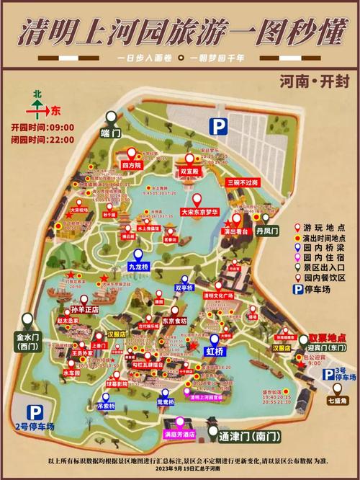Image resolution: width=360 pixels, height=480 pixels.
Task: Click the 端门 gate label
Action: tap(111, 133)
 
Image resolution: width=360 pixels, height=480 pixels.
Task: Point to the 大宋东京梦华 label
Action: tap(197, 214)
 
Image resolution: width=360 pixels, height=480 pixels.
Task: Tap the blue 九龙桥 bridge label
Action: tap(140, 266)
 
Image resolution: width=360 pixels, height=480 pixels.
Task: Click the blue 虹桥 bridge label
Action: tap(215, 351)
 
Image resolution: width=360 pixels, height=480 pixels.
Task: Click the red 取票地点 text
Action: tap(324, 337)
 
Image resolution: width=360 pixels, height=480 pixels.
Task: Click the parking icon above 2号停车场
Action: tap(34, 413)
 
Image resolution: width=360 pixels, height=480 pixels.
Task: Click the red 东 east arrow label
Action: tap(55, 111)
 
